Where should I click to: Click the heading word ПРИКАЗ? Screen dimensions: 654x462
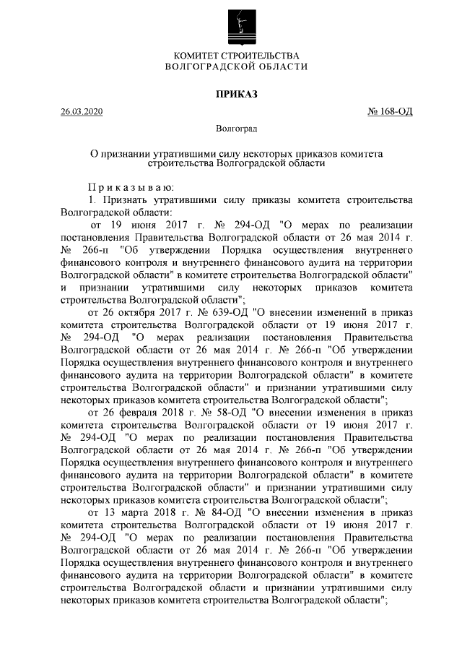(x=237, y=93)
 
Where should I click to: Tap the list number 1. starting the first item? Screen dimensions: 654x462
(x=92, y=200)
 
